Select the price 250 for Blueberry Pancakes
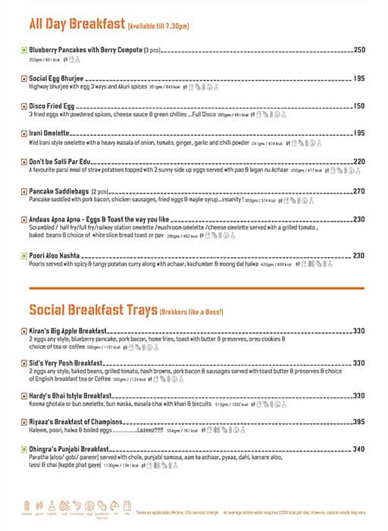[x=359, y=50]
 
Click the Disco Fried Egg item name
[x=55, y=105]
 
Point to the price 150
[x=359, y=105]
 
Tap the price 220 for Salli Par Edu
[x=359, y=162]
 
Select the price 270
[x=359, y=191]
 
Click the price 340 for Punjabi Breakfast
[x=359, y=449]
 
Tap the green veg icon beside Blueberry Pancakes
[x=24, y=51]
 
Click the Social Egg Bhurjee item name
[x=57, y=78]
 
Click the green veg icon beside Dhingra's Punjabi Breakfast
[x=24, y=450]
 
